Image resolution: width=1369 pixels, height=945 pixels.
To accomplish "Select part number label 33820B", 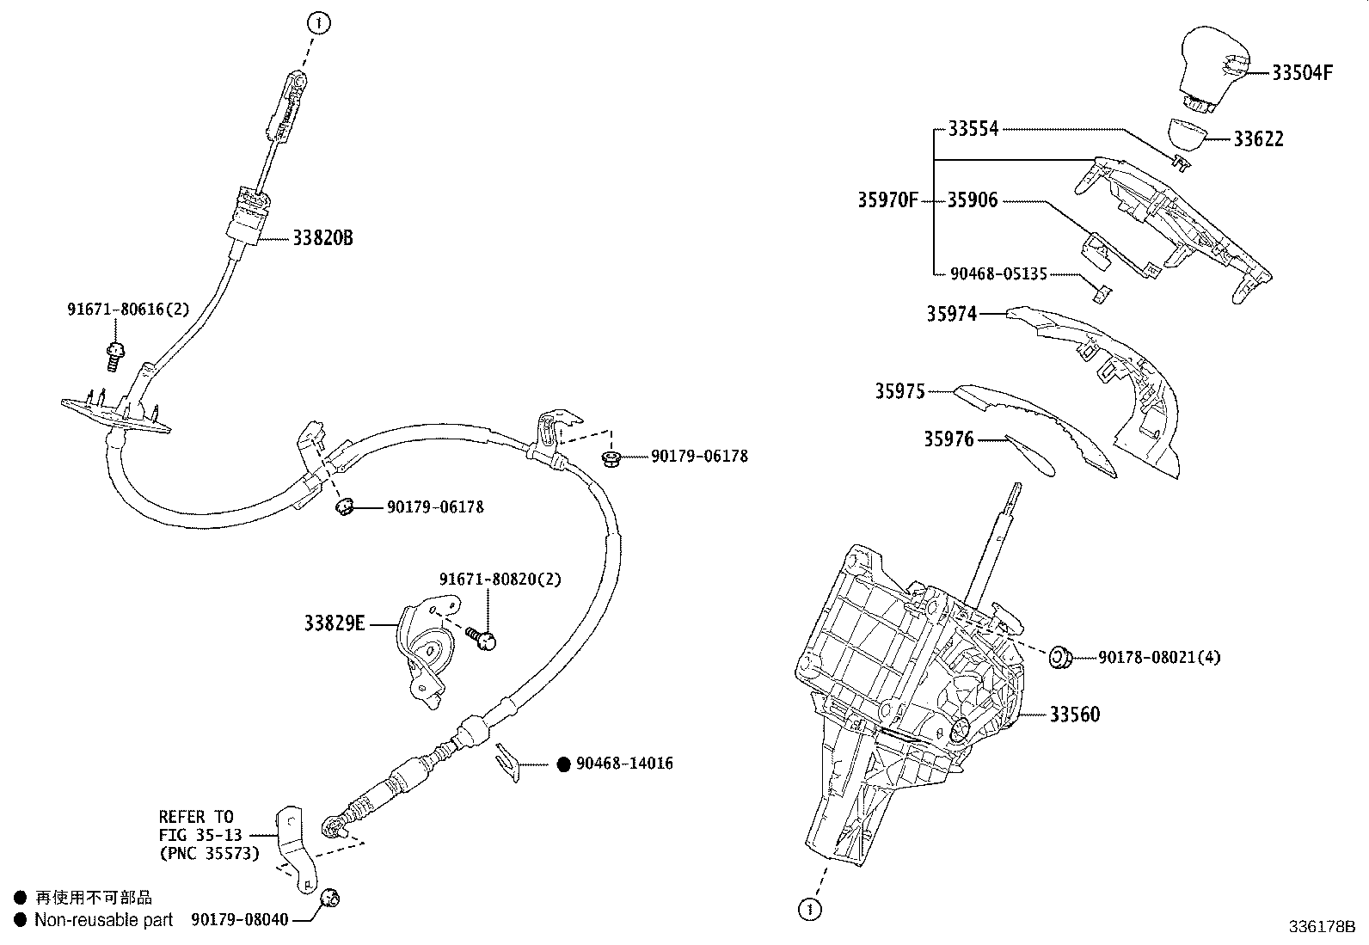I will [322, 239].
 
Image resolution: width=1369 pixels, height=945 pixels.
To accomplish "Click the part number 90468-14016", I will [624, 764].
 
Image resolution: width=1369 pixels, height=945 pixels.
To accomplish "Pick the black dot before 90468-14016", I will [564, 764].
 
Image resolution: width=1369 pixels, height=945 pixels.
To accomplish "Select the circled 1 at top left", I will [319, 23].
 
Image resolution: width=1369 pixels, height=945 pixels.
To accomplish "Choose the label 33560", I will [1074, 715].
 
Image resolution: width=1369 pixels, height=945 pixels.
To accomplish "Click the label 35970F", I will [887, 201].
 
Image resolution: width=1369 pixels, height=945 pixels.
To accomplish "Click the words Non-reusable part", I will [103, 920].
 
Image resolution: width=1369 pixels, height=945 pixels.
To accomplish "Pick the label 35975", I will [899, 392].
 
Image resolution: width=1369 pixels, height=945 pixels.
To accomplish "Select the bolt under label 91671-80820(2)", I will [482, 637].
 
